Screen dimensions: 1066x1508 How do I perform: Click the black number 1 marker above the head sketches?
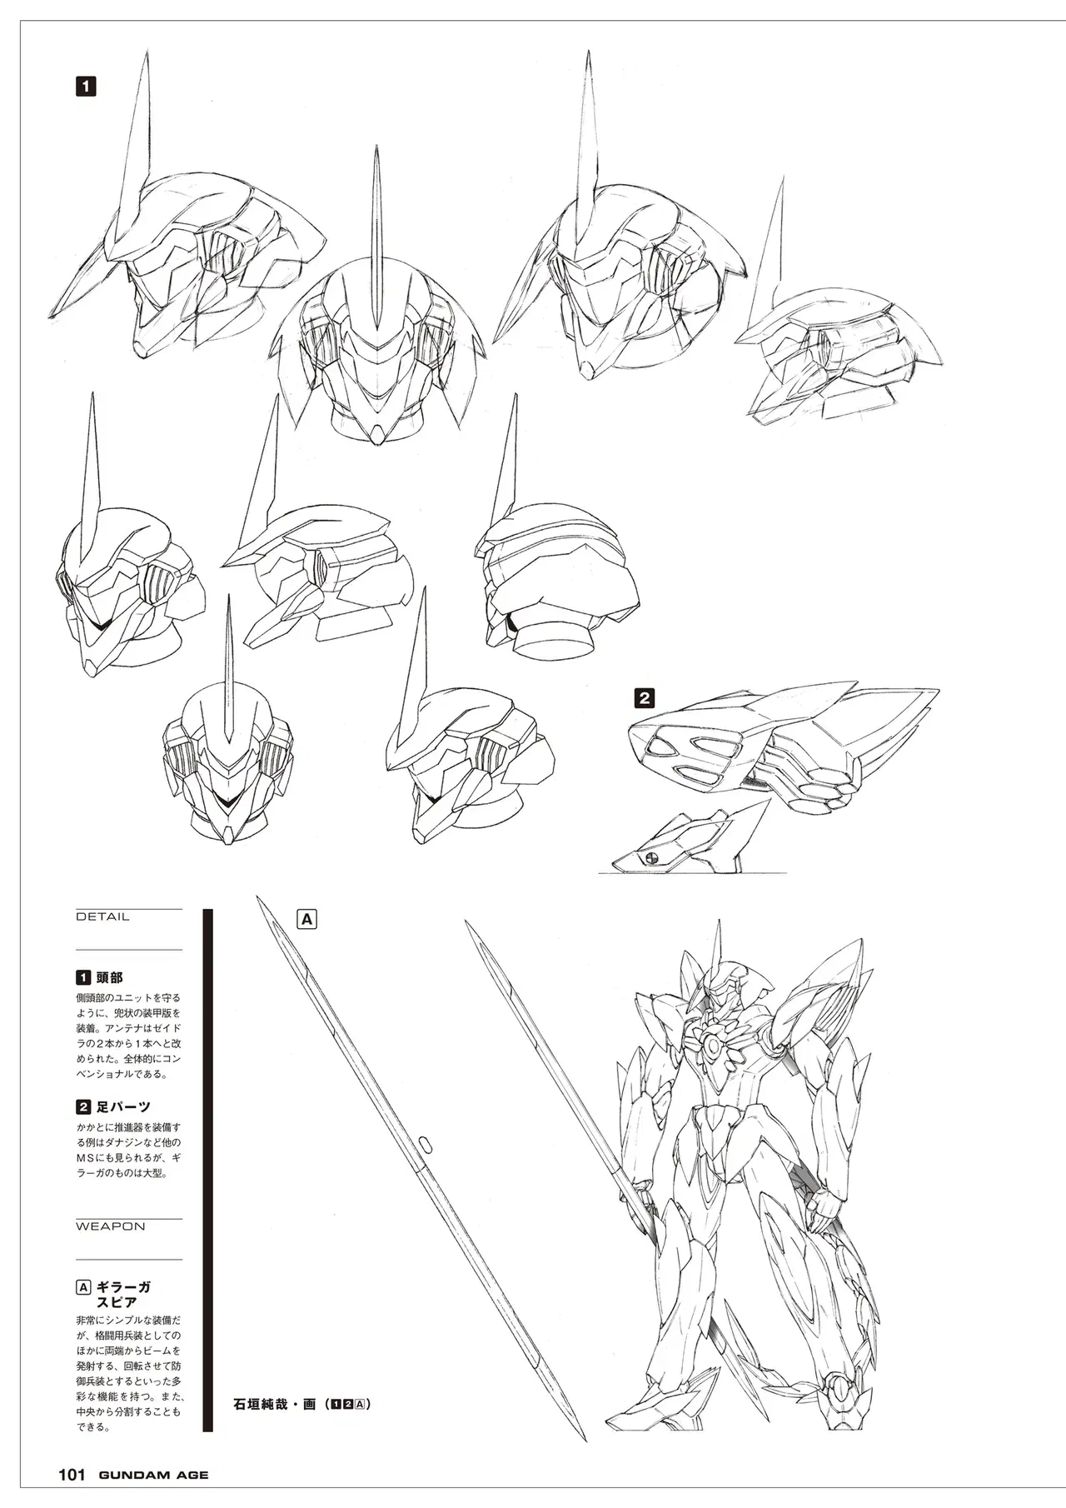[86, 86]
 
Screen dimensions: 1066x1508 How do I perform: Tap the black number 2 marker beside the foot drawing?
[644, 697]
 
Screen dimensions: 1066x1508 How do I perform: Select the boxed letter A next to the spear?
[307, 919]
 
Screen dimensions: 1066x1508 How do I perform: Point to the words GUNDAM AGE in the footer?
[154, 1476]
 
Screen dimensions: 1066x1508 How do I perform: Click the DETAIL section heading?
[102, 916]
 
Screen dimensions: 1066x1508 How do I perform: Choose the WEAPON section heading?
[111, 1226]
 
